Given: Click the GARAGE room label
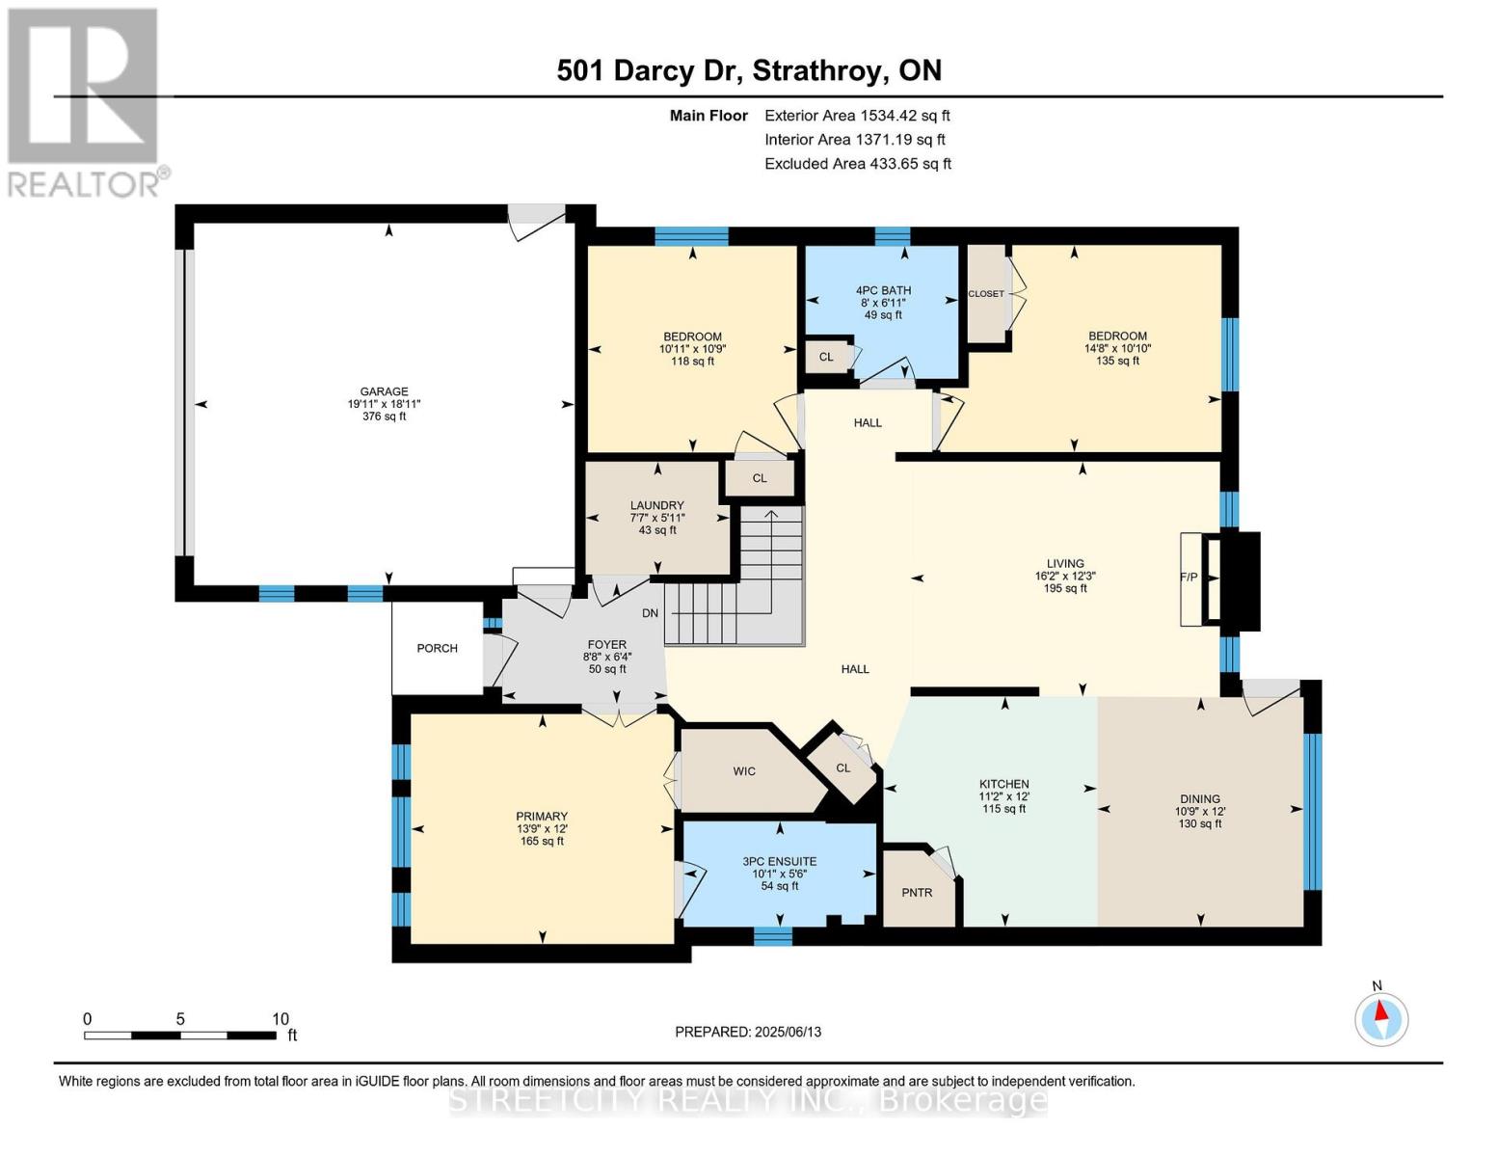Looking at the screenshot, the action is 384,391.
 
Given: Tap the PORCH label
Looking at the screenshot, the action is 437,648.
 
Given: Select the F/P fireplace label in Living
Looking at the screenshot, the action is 1190,577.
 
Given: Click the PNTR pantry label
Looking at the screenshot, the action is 917,893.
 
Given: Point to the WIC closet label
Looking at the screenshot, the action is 744,771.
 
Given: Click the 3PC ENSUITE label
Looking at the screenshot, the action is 779,861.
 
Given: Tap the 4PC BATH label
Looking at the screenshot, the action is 883,291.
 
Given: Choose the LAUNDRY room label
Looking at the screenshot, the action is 657,505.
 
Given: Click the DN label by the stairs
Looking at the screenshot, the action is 651,612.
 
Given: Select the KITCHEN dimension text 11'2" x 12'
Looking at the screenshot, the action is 1004,795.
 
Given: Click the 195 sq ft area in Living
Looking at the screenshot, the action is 1065,588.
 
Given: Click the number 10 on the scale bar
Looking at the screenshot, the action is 280,1019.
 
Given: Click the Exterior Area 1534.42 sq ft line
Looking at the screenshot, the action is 857,116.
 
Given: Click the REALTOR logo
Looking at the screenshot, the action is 88,103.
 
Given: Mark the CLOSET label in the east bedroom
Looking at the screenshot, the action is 986,293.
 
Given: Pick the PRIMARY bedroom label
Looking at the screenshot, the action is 542,817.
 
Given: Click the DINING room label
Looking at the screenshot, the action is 1200,799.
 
